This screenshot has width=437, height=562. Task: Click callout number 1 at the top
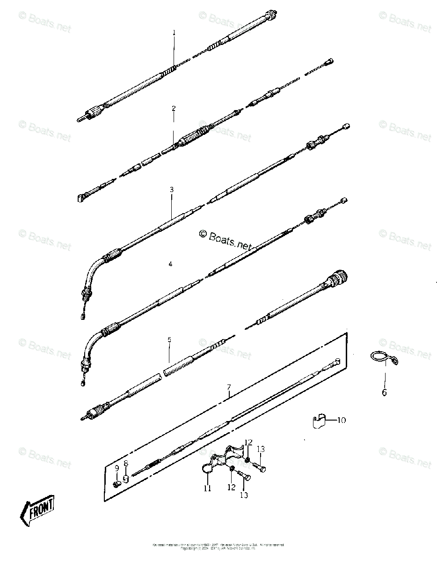pyautogui.click(x=174, y=33)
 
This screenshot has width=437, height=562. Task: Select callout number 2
pyautogui.click(x=174, y=108)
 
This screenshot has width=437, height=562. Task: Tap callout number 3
pyautogui.click(x=172, y=189)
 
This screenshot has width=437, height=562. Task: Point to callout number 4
pyautogui.click(x=170, y=264)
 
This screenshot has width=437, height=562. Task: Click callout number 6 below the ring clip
pyautogui.click(x=384, y=392)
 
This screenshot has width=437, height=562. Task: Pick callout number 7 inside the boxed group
pyautogui.click(x=228, y=387)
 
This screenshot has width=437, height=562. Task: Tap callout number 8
pyautogui.click(x=125, y=464)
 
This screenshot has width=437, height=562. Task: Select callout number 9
pyautogui.click(x=117, y=468)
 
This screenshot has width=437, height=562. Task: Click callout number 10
pyautogui.click(x=341, y=420)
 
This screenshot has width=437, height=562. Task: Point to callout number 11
pyautogui.click(x=207, y=488)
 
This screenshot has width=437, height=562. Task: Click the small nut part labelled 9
pyautogui.click(x=117, y=483)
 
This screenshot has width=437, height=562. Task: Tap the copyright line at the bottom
pyautogui.click(x=218, y=546)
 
